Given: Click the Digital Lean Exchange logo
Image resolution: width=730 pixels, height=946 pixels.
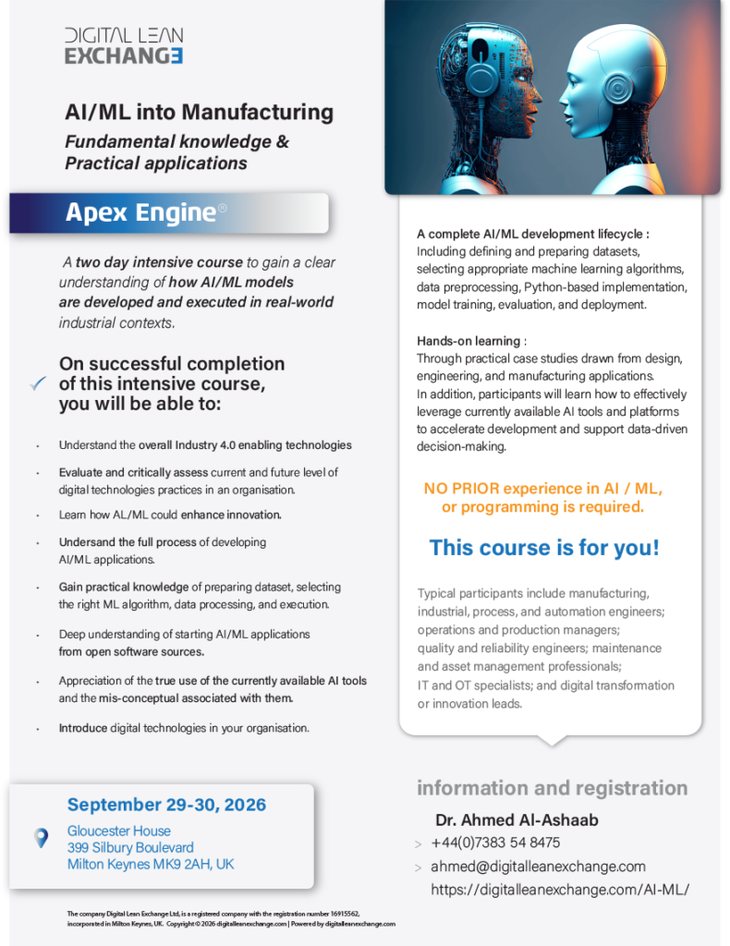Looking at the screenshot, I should (124, 46).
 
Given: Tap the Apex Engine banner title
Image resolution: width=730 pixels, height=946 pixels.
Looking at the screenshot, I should (140, 212).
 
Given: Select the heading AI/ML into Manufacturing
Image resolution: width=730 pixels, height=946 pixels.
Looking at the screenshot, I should (199, 113).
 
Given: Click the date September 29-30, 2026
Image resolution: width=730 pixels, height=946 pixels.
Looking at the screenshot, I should (166, 805).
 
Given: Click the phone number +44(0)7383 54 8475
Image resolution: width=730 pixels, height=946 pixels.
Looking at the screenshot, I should (495, 843).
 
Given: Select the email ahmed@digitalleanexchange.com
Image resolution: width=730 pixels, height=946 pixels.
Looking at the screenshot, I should (538, 867).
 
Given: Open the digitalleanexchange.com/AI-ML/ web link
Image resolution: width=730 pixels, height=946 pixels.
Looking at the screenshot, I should (560, 890).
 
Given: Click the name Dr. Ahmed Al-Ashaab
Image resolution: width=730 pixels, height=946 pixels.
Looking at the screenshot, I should (517, 819).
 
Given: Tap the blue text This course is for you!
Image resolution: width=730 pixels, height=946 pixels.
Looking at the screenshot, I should (544, 547).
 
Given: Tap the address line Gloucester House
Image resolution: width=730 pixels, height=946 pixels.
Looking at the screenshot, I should (119, 831).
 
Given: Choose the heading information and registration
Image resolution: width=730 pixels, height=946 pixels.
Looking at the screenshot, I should (552, 788).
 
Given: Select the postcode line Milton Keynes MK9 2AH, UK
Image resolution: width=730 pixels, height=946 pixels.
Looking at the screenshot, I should (151, 864).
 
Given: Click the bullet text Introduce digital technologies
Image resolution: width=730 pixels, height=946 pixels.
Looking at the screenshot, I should (183, 728).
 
